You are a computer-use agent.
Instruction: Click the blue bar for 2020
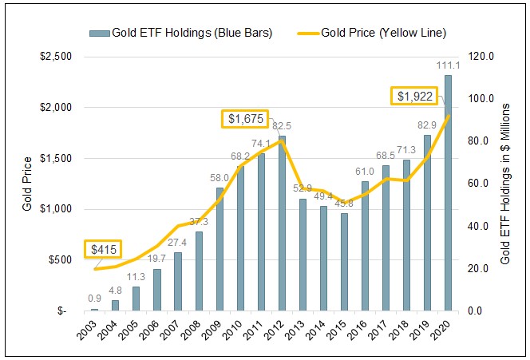pos(448,192)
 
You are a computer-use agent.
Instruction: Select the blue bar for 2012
pos(282,223)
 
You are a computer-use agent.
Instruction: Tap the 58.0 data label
pos(220,178)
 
